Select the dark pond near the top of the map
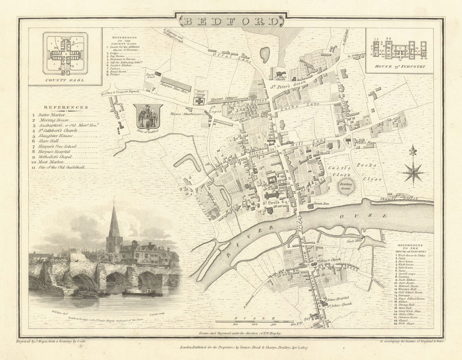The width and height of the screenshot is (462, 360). [265, 55]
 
